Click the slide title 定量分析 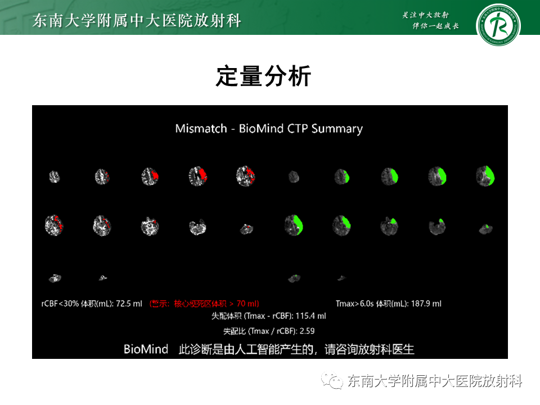coord(263,76)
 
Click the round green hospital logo coord(498,26)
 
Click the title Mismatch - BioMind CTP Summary coord(269,128)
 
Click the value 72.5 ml coord(129,304)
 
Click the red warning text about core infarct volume coord(204,304)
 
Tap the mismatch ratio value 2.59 coord(307,331)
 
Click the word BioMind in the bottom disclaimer coord(146,349)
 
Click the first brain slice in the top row coord(54,177)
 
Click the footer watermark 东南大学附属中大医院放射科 coord(435,381)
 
